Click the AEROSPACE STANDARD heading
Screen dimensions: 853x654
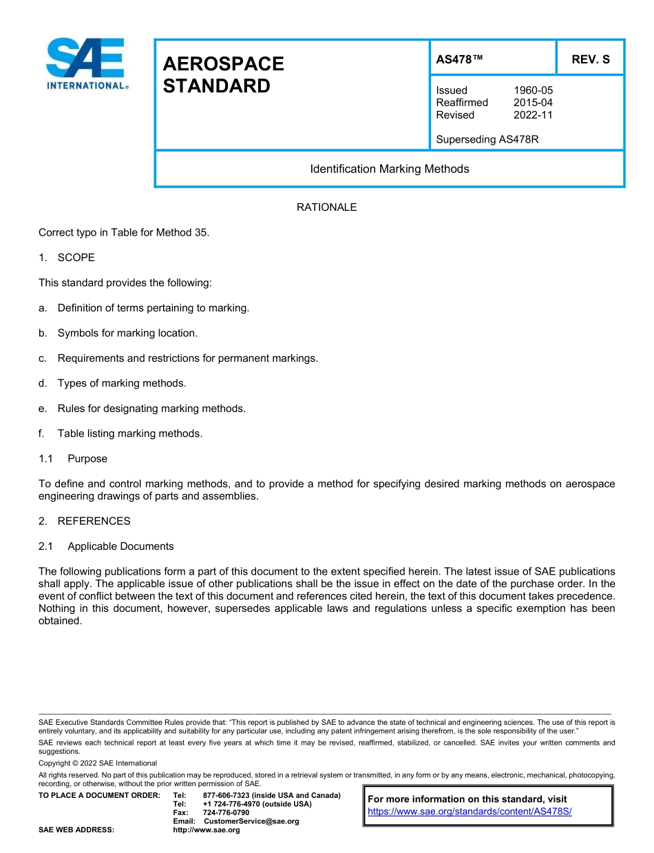pyautogui.click(x=223, y=75)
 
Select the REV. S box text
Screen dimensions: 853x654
pyautogui.click(x=590, y=60)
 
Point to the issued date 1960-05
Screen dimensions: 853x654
pyautogui.click(x=533, y=90)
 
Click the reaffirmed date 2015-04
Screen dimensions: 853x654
pyautogui.click(x=533, y=103)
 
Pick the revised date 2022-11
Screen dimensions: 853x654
pyautogui.click(x=533, y=115)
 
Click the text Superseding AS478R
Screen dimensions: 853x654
pyautogui.click(x=487, y=139)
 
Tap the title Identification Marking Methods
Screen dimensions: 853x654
pyautogui.click(x=390, y=169)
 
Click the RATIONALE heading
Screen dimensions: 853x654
pyautogui.click(x=326, y=207)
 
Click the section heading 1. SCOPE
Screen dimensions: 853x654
pyautogui.click(x=67, y=258)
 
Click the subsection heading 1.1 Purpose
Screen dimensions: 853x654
pyautogui.click(x=73, y=459)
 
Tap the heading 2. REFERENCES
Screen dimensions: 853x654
pyautogui.click(x=85, y=521)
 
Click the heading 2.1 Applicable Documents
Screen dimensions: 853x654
pyautogui.click(x=107, y=546)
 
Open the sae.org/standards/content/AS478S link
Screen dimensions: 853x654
pyautogui.click(x=470, y=812)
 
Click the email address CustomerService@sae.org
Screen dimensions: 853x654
pyautogui.click(x=251, y=821)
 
